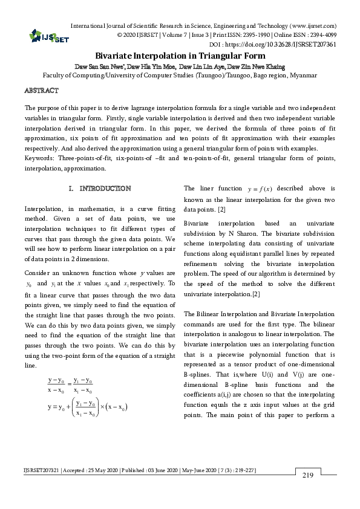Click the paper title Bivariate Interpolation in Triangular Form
click(x=180, y=54)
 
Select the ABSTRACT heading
click(x=41, y=90)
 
